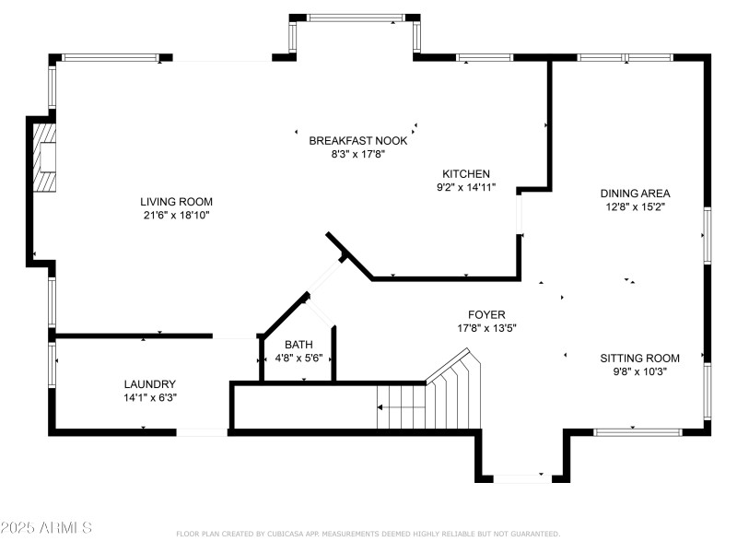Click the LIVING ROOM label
pyautogui.click(x=176, y=202)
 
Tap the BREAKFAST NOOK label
pyautogui.click(x=357, y=140)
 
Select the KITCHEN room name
pyautogui.click(x=466, y=173)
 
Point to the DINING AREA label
pyautogui.click(x=635, y=194)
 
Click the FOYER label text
pyautogui.click(x=487, y=314)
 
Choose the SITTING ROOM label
pyautogui.click(x=639, y=359)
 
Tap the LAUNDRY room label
pyautogui.click(x=149, y=384)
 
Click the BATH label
pyautogui.click(x=298, y=345)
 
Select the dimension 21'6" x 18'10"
pyautogui.click(x=176, y=216)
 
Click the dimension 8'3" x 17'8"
pyautogui.click(x=357, y=154)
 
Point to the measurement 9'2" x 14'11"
pyautogui.click(x=466, y=187)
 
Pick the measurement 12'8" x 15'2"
pyautogui.click(x=635, y=207)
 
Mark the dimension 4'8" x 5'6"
pyautogui.click(x=298, y=359)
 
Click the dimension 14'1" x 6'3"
pyautogui.click(x=149, y=398)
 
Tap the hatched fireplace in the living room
pyautogui.click(x=45, y=158)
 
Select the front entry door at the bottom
pyautogui.click(x=521, y=477)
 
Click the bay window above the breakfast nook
pyautogui.click(x=355, y=18)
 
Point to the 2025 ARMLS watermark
pyautogui.click(x=46, y=528)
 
